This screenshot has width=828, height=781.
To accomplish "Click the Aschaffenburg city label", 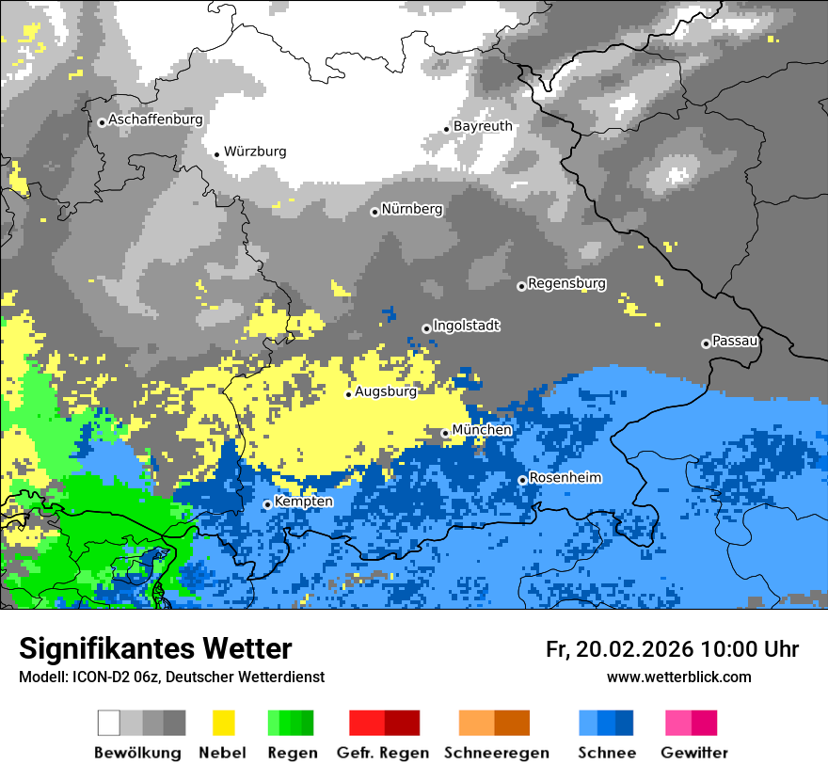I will (155, 120).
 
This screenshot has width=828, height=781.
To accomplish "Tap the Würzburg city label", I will (255, 151).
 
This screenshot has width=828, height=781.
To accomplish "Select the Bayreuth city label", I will (483, 126).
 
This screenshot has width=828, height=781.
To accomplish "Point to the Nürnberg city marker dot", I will (374, 212).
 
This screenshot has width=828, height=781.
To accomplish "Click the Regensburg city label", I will (566, 283).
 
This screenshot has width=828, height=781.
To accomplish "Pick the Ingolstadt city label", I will (466, 326).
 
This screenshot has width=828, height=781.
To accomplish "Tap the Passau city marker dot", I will (706, 343).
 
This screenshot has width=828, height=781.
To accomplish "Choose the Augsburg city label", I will (385, 391).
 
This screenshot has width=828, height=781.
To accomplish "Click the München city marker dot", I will (445, 434).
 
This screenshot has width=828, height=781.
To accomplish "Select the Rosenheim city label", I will (565, 478).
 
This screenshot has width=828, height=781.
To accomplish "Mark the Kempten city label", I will (303, 502).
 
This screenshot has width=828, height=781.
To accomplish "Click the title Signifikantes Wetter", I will (155, 648).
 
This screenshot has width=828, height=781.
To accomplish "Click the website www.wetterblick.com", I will (678, 677).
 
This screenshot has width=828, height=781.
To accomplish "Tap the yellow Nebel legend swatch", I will (223, 723).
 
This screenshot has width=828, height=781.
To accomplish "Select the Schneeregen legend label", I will (497, 753).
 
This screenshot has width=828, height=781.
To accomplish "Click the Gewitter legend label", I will (693, 753).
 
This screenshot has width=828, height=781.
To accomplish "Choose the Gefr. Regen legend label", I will (383, 753).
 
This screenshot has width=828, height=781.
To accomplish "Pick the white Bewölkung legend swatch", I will (109, 723).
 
